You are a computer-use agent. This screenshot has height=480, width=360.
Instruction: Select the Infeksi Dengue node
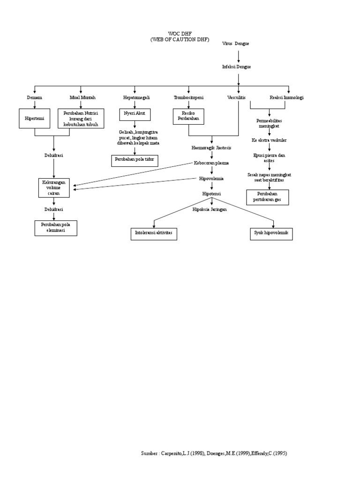[236, 67]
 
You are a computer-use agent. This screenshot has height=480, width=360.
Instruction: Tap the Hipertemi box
[35, 119]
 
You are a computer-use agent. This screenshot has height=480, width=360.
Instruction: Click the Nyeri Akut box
[135, 114]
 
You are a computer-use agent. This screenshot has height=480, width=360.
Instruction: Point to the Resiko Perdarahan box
[188, 116]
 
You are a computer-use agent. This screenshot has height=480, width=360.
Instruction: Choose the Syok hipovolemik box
[272, 233]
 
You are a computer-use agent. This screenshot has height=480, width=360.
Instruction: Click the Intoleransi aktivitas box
[153, 233]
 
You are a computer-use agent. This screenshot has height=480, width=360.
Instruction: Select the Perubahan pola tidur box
[135, 160]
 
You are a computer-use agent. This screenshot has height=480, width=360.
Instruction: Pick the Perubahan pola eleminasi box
[56, 228]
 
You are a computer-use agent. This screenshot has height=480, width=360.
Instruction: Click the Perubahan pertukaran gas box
[268, 197]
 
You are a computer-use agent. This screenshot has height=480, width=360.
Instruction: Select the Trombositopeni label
[188, 97]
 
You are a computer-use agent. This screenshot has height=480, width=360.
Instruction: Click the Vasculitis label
[236, 97]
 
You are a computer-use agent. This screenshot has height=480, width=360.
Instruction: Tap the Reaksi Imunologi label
[286, 97]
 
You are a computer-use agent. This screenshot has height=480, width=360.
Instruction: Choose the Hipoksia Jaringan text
[210, 210]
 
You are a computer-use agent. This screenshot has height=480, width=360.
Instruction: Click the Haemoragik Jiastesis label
[211, 148]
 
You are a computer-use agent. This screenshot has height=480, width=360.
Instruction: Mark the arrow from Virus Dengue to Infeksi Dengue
[239, 55]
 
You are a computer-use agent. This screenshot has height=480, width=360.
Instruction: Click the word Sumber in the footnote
[149, 453]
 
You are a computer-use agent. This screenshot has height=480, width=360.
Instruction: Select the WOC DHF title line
[180, 35]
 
